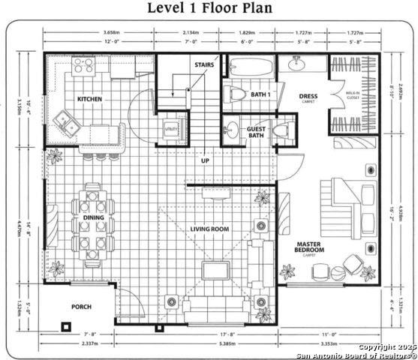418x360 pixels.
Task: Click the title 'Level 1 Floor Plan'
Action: pos(209,9)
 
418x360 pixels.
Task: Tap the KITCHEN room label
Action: pos(89,99)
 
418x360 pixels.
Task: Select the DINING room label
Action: pos(83,217)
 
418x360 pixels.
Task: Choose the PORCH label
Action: pos(81,307)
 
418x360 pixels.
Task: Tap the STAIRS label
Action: pos(204,65)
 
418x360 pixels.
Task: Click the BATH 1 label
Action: pos(260,94)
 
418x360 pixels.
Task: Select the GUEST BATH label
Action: pos(256,132)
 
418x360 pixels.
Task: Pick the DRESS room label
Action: pos(308,97)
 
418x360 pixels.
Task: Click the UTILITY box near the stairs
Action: pos(170,128)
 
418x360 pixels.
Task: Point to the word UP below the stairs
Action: pos(204,160)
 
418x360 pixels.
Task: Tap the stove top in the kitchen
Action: pos(82,69)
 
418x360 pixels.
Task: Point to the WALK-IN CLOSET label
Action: pos(352,97)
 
